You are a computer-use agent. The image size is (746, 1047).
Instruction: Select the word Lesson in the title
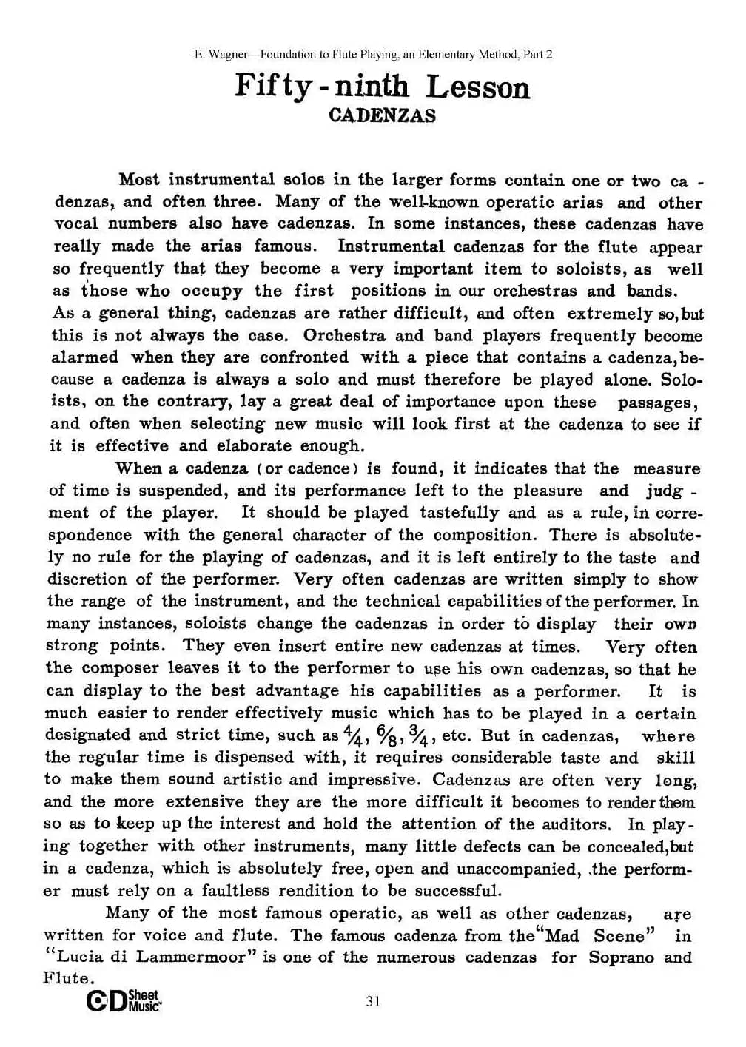pos(477,87)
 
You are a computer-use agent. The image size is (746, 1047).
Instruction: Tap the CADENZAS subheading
pos(382,116)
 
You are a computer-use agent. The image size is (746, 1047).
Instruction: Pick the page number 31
pos(373,1001)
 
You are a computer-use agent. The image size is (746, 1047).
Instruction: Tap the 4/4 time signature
pos(352,736)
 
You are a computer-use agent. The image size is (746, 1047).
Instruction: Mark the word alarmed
pos(84,357)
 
